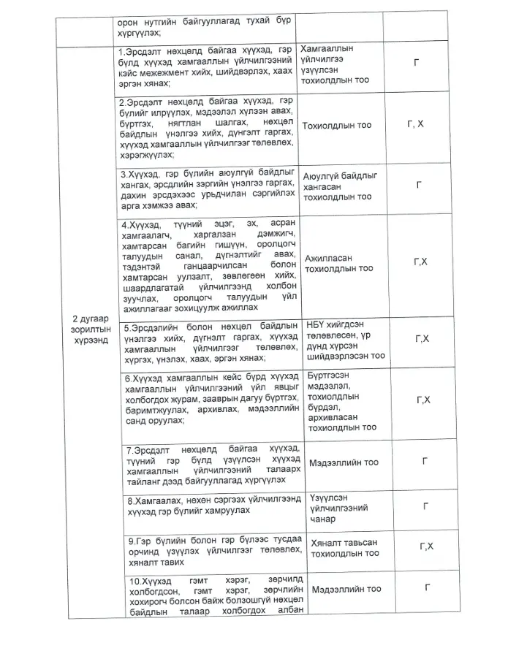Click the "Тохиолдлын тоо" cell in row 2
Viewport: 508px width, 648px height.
pyautogui.click(x=336, y=126)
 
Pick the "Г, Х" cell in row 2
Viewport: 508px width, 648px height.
pyautogui.click(x=414, y=125)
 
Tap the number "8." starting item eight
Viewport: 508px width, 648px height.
pyautogui.click(x=124, y=500)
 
